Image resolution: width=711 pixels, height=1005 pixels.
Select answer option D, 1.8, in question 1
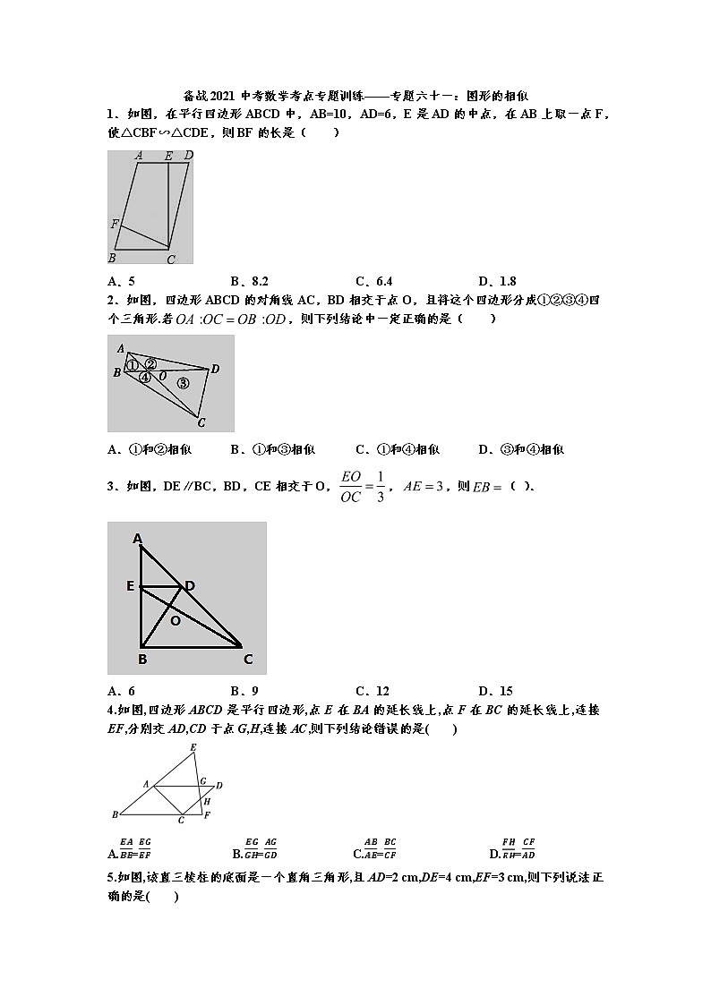(x=497, y=280)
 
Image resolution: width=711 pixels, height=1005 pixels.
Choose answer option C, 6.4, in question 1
(x=373, y=280)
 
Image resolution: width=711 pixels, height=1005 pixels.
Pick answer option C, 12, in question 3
(x=372, y=690)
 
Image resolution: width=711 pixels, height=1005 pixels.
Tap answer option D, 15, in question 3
(x=495, y=690)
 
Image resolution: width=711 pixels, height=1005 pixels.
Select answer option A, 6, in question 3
(x=121, y=690)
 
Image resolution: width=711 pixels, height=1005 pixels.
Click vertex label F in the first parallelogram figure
(x=114, y=224)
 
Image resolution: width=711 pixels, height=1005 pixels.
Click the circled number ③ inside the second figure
(x=183, y=384)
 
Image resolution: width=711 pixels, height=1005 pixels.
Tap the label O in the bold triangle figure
(x=176, y=620)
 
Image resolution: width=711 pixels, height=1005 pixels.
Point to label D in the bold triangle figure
(x=190, y=586)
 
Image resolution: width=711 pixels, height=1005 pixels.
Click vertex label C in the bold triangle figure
(x=248, y=660)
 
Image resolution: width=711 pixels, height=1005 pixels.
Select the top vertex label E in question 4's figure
(x=193, y=747)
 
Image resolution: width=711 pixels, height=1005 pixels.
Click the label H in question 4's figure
(x=207, y=802)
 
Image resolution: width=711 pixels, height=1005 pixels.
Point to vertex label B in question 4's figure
(x=115, y=814)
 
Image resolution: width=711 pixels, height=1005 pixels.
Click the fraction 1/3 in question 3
(x=380, y=486)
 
